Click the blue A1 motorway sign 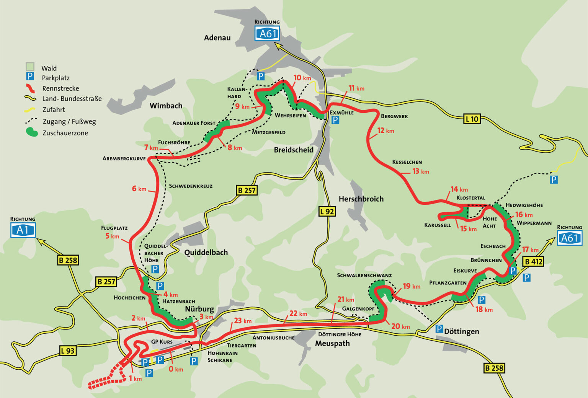point(23,230)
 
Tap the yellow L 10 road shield point(472,119)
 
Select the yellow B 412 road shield point(533,262)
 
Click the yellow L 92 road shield point(327,211)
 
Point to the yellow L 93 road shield point(68,350)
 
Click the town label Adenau point(217,38)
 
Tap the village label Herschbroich point(361,199)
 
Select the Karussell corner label point(437,225)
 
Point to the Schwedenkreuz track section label point(191,186)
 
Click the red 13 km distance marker point(420,171)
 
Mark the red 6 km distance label point(139,189)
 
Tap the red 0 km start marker point(176,369)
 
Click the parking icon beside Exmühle point(335,120)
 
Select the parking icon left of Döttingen point(439,329)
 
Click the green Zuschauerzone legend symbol point(32,132)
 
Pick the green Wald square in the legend point(30,67)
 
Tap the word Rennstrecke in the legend point(60,88)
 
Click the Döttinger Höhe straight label point(340,334)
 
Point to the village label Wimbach point(166,106)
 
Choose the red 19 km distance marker point(412,286)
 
